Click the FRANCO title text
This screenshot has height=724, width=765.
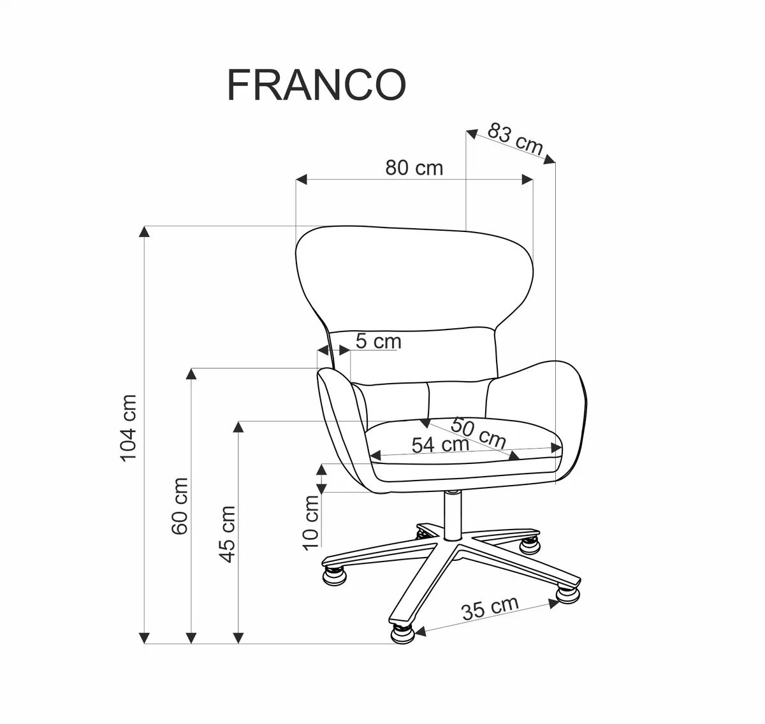(316, 86)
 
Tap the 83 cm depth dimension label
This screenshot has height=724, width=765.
(515, 140)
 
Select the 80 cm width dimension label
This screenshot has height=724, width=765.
(414, 168)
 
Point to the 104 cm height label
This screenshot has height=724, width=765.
(129, 427)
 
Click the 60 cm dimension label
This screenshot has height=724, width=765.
(180, 506)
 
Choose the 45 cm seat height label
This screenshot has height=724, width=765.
(227, 534)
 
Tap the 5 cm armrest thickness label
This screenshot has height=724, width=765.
(378, 342)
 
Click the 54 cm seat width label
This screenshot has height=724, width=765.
(440, 444)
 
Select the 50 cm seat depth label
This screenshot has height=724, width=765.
(479, 431)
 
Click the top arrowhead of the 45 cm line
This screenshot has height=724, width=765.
(238, 426)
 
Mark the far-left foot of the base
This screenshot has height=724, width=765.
(336, 573)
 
